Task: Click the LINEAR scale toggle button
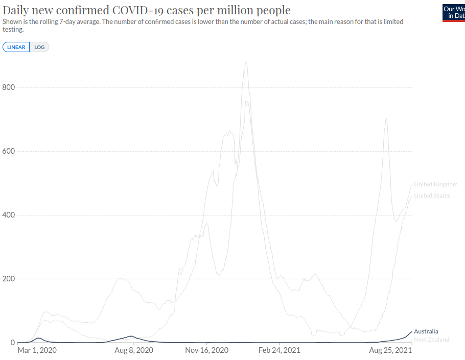[x=16, y=47]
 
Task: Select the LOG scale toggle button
[x=39, y=47]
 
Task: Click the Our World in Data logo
[x=453, y=12]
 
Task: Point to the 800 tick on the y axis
[x=9, y=87]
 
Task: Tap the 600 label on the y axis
[x=9, y=151]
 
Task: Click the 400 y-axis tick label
[x=9, y=215]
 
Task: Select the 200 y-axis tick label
[x=9, y=279]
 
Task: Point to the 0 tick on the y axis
[x=12, y=343]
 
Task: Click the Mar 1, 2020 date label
[x=37, y=351]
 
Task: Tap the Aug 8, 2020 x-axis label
[x=133, y=351]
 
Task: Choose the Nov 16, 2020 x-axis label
[x=206, y=351]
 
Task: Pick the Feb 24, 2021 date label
[x=280, y=351]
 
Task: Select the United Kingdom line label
[x=435, y=184]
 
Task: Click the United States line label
[x=432, y=196]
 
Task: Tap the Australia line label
[x=426, y=331]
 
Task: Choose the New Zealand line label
[x=431, y=340]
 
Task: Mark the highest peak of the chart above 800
[x=246, y=62]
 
